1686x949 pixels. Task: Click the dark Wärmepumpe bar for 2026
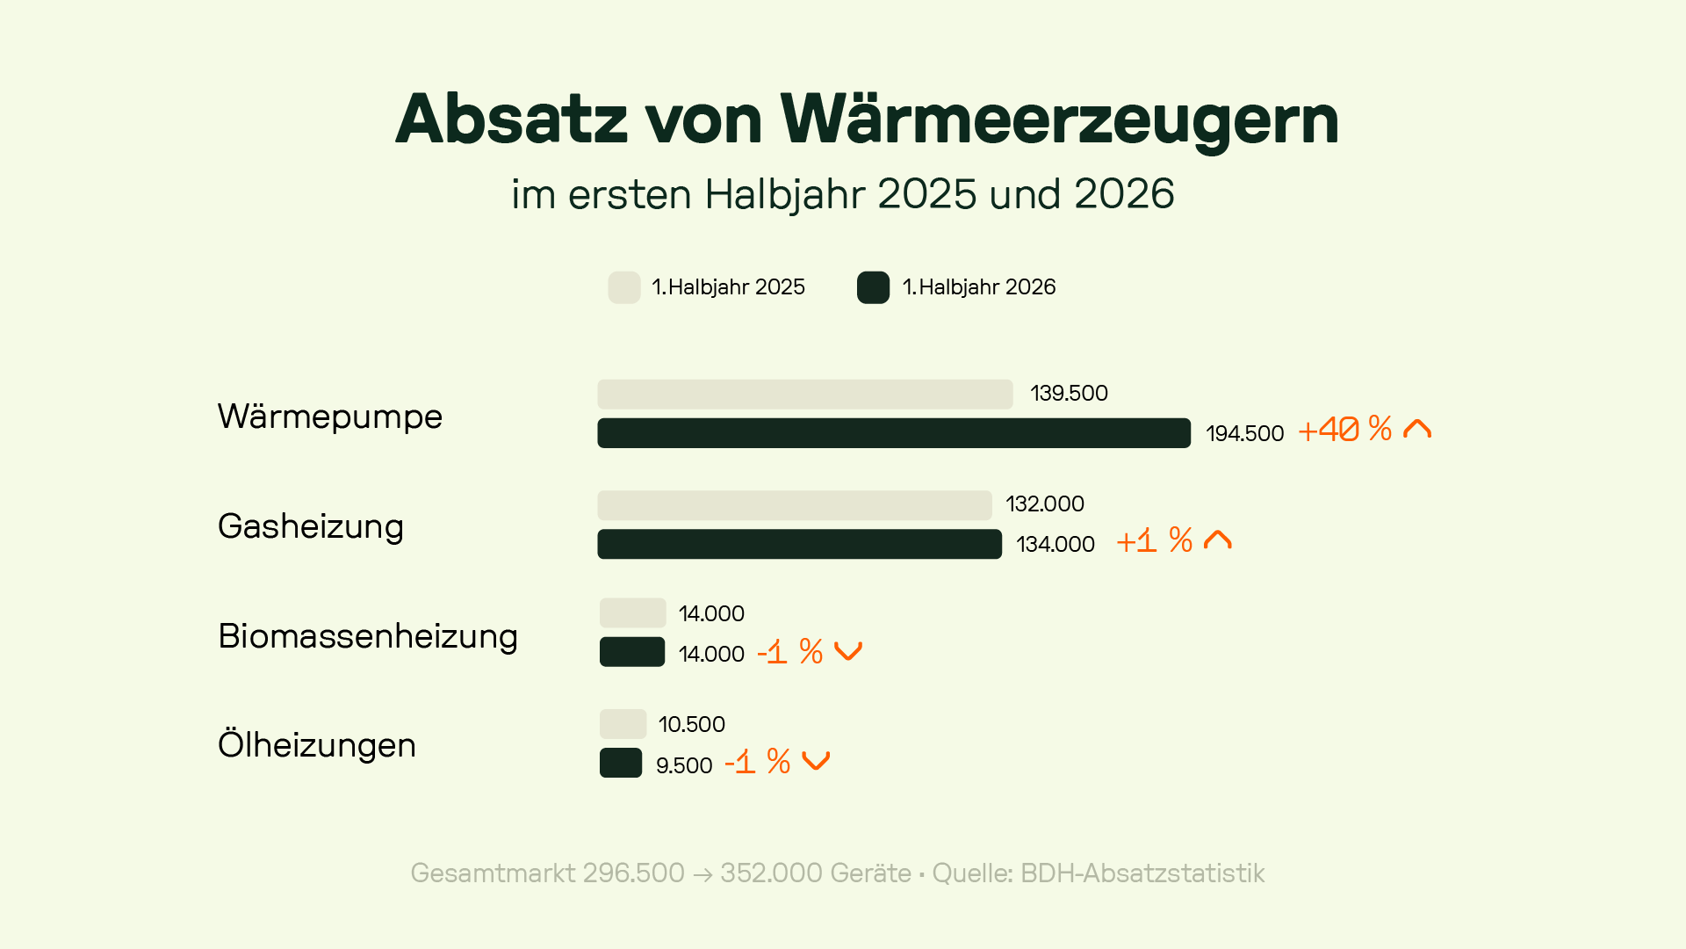894,433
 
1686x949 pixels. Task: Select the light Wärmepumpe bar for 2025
805,395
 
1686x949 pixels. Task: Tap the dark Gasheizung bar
799,544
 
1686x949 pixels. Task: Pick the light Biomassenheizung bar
632,613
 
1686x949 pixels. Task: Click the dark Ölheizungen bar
621,763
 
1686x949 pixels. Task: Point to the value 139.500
1069,394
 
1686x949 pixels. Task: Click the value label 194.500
1244,433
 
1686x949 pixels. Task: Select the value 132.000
1045,504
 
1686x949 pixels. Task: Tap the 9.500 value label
684,765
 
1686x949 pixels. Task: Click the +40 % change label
1344,430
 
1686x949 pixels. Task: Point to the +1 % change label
1154,540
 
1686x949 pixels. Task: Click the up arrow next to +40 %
1417,428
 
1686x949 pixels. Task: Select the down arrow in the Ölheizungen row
816,761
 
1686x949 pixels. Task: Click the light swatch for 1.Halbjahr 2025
624,287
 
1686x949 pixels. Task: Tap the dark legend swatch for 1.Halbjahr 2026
874,287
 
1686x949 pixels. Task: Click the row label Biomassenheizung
368,636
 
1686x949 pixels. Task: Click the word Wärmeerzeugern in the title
1059,119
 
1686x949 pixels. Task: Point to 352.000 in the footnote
771,873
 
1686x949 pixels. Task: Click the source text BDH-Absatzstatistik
1142,873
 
